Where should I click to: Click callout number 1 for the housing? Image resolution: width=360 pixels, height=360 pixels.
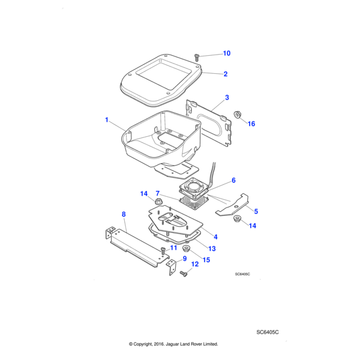107,120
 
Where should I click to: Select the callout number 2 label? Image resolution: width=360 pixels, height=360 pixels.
226,74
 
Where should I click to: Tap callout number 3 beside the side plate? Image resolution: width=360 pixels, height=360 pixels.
227,97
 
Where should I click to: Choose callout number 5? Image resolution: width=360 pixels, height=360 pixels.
256,211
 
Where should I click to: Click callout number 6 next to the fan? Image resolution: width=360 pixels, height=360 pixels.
233,180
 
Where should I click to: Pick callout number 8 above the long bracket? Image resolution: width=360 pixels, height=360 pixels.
124,214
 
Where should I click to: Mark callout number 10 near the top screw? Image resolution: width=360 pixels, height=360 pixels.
226,53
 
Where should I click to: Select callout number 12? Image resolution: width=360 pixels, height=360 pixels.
194,264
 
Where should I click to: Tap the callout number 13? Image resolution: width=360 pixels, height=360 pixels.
212,248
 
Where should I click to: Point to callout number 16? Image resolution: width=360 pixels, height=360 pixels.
251,124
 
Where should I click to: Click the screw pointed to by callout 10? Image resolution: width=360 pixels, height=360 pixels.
197,57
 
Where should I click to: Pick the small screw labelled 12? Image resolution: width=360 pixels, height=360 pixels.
183,274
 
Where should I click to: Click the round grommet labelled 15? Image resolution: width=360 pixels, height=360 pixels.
185,247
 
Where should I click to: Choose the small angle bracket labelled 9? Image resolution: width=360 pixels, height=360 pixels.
172,267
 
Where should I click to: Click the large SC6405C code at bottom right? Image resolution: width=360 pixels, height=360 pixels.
268,332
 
